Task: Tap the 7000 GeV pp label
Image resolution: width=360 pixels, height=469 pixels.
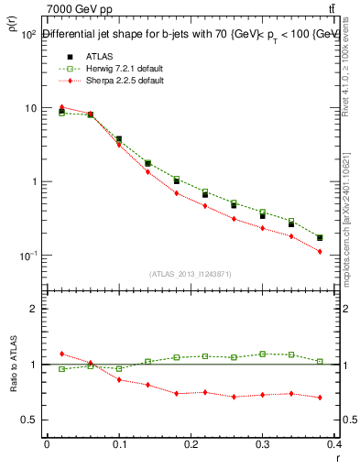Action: click(x=73, y=8)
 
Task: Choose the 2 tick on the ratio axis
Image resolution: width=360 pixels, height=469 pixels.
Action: click(x=33, y=309)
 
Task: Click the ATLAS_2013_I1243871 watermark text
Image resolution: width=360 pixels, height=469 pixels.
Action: click(x=191, y=274)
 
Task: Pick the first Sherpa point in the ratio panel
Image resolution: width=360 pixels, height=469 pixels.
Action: click(x=62, y=353)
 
